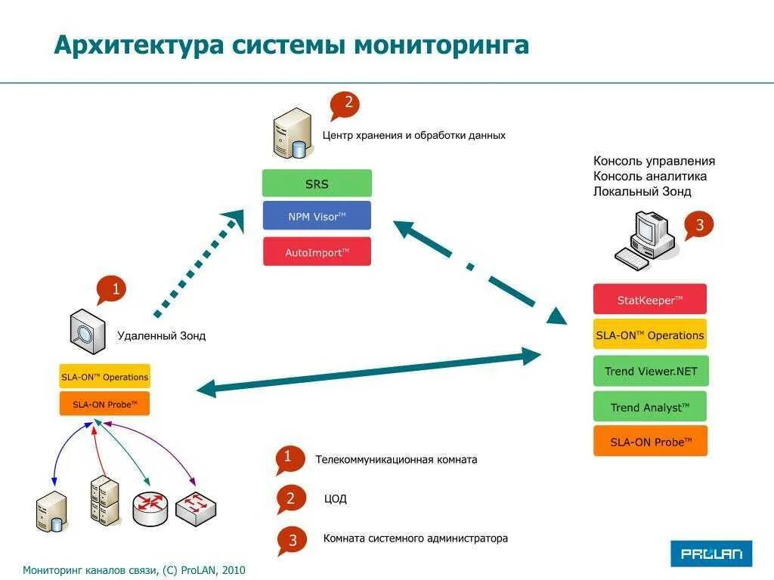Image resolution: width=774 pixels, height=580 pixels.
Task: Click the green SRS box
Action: (317, 184)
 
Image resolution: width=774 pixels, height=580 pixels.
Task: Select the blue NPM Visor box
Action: (317, 216)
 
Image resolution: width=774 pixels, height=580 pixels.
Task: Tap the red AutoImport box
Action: (317, 251)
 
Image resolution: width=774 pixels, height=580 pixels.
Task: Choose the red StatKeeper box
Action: (650, 299)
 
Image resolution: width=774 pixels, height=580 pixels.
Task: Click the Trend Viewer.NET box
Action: (650, 371)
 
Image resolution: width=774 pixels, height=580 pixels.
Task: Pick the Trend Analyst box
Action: (650, 407)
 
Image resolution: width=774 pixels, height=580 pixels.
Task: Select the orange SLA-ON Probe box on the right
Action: (650, 442)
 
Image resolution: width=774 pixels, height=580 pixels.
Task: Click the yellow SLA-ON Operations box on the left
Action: (104, 377)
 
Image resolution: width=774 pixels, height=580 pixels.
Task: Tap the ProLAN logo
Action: (711, 554)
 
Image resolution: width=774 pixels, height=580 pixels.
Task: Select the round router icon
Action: (151, 509)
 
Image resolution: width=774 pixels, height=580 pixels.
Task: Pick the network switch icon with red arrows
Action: (196, 508)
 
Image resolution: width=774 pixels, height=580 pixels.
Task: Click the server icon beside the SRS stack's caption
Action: (292, 134)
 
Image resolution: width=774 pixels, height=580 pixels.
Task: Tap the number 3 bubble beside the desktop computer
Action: (698, 225)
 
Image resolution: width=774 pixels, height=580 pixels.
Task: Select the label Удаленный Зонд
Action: (161, 336)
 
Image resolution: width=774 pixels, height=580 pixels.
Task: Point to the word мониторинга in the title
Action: (441, 45)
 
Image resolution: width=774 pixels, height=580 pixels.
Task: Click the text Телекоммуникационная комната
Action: (396, 459)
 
